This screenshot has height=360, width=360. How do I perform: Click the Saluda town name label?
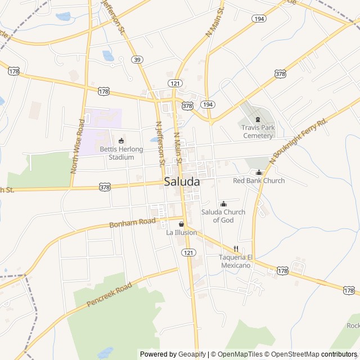pos(182,182)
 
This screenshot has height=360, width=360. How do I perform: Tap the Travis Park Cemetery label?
pos(258,132)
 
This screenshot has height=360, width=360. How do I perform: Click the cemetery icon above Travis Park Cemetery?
pos(258,119)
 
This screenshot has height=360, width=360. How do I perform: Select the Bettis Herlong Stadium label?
pos(121,153)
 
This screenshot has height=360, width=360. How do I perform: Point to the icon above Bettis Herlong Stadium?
pos(121,140)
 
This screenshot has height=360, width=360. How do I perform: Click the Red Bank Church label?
pos(259,181)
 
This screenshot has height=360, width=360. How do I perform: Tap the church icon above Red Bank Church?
pos(259,172)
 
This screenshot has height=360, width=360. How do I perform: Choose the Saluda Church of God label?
pos(223,215)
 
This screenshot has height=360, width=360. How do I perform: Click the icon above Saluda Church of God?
pos(223,204)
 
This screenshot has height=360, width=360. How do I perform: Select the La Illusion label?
pos(181,232)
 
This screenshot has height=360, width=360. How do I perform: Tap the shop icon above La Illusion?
pos(181,224)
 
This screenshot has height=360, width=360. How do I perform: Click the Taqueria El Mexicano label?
pos(235,261)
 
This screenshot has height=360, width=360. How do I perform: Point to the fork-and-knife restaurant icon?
pos(236,249)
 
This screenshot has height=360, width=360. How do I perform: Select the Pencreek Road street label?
pos(109,295)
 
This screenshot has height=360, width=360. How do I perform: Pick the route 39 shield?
pos(137,59)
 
